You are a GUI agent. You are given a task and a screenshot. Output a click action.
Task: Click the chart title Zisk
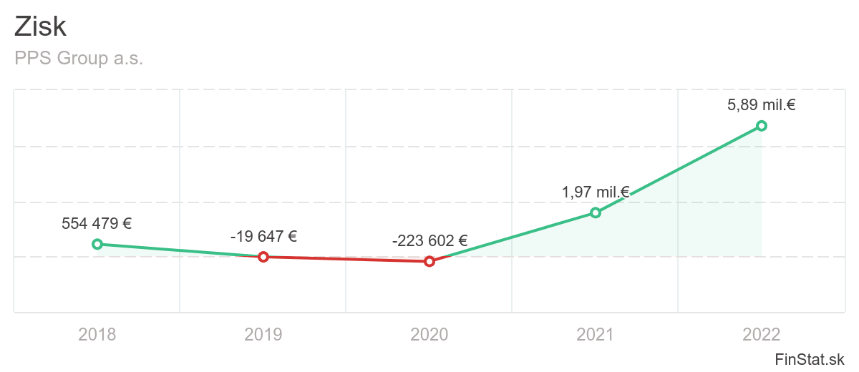click(x=41, y=27)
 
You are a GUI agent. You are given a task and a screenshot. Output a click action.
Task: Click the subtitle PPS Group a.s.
click(x=79, y=59)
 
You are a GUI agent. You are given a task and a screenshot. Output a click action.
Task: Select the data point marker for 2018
click(x=97, y=244)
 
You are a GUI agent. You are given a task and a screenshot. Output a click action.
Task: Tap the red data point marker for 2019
click(x=263, y=257)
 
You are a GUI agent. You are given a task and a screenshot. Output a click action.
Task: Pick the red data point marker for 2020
click(x=429, y=261)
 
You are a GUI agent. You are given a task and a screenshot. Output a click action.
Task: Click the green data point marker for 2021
click(x=595, y=212)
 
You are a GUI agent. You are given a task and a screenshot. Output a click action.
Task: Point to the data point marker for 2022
click(x=762, y=126)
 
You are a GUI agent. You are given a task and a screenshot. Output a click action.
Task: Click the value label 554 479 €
click(x=97, y=223)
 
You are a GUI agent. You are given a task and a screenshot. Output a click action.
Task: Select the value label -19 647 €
click(x=263, y=236)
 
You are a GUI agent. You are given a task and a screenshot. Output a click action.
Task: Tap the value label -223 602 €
click(x=429, y=241)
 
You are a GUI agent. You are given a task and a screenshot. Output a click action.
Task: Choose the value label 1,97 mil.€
click(x=595, y=192)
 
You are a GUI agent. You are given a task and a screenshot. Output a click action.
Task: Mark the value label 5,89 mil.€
click(x=762, y=105)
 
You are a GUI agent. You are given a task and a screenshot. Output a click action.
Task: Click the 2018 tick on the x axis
click(x=97, y=334)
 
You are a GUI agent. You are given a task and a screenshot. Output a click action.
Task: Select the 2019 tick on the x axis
click(x=263, y=334)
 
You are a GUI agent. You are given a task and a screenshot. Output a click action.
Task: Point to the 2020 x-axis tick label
click(x=429, y=334)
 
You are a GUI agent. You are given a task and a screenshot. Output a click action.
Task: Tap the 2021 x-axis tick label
click(x=595, y=334)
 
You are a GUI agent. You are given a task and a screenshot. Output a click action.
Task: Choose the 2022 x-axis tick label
click(x=762, y=334)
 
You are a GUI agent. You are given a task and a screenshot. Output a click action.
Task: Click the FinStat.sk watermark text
click(x=810, y=358)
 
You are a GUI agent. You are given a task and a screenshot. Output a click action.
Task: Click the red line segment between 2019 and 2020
click(x=346, y=259)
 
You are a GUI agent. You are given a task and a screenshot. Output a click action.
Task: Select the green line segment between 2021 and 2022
click(x=679, y=169)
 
